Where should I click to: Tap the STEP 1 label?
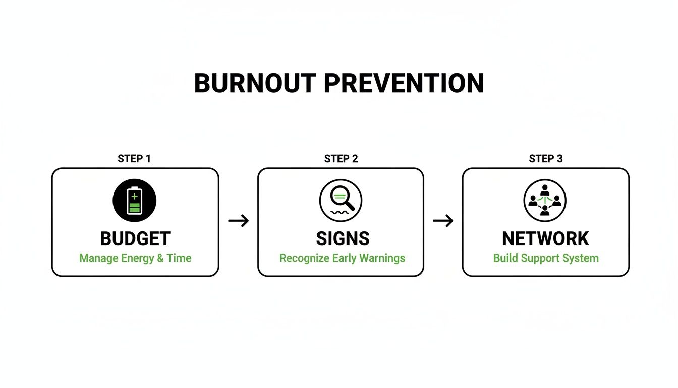134,159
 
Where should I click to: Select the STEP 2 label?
341,159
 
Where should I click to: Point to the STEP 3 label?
546,159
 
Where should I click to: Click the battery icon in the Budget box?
134,201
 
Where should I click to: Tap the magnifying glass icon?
341,201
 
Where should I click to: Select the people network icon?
545,201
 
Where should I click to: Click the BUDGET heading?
135,238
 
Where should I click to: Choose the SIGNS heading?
343,238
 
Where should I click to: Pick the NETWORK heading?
546,238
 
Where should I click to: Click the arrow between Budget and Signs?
239,221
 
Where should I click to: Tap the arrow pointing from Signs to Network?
443,221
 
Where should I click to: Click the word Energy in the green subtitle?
137,259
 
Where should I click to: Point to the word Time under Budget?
180,258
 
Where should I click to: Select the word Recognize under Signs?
304,258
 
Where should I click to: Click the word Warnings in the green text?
382,259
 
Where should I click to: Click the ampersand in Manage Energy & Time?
161,258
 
